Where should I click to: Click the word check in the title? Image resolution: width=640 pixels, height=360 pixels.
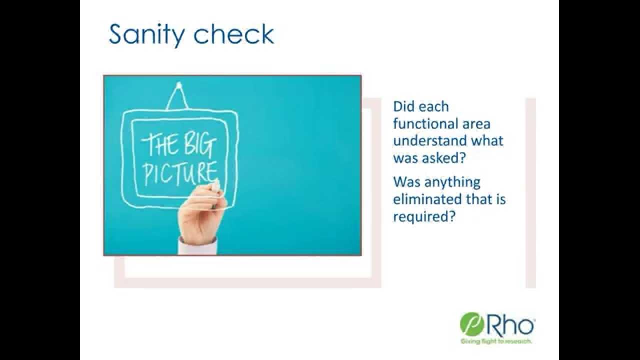(x=234, y=34)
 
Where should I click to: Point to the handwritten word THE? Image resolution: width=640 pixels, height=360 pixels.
(x=158, y=145)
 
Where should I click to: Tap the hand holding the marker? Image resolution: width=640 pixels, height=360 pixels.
(x=202, y=215)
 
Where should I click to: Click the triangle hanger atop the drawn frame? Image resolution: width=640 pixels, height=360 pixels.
(x=177, y=97)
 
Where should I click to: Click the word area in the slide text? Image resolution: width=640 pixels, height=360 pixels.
(x=475, y=123)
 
